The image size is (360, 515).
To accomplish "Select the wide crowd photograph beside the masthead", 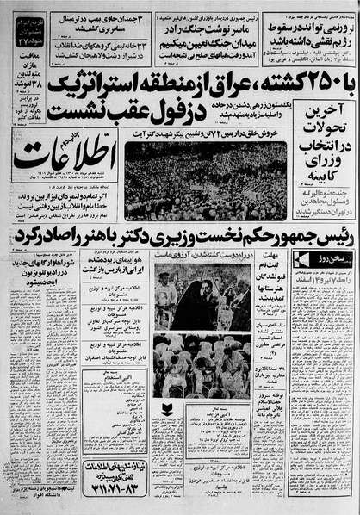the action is [204, 180].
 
